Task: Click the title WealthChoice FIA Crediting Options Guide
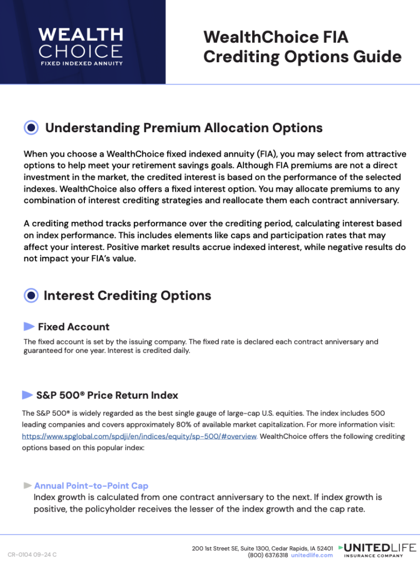click(302, 47)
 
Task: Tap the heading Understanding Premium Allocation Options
click(183, 128)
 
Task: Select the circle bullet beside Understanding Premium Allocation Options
click(32, 128)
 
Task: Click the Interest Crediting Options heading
click(127, 296)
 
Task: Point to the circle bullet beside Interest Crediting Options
click(32, 296)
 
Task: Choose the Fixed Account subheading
click(73, 327)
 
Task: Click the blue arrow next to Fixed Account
click(29, 326)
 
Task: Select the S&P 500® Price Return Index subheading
click(107, 396)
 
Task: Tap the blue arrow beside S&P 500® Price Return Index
click(27, 395)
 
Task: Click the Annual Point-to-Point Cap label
click(91, 486)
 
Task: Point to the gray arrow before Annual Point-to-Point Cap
click(27, 486)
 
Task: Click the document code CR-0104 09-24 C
click(32, 555)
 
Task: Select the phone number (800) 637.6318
click(268, 555)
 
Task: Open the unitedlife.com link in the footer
click(312, 555)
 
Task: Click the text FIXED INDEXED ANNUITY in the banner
click(81, 63)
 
